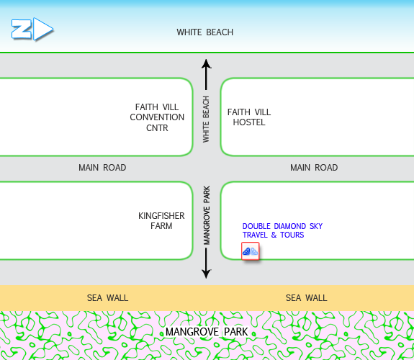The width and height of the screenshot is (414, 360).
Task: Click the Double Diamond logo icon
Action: [x=251, y=251]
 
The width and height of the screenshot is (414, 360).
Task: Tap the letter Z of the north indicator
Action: [x=21, y=29]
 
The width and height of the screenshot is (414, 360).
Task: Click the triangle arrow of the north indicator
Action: [x=44, y=29]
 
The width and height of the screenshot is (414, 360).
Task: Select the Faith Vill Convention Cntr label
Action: [x=157, y=117]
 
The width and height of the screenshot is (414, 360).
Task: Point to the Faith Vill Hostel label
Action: [x=249, y=117]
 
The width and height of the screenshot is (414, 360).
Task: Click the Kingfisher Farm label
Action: [x=161, y=221]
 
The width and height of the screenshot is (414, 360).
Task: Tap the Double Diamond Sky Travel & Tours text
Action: [x=282, y=230]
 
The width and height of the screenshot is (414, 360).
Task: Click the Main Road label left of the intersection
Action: [x=102, y=168]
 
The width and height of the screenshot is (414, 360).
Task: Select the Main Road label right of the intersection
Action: [x=314, y=168]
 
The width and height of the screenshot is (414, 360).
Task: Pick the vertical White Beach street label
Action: [x=206, y=120]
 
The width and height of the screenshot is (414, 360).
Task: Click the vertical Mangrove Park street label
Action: [x=207, y=215]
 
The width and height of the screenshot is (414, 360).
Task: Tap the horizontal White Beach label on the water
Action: [x=205, y=32]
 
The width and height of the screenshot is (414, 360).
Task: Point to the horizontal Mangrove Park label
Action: [x=207, y=332]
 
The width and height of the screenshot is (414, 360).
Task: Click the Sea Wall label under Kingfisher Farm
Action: [x=107, y=298]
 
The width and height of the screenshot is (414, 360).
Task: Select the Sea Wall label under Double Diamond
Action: [x=306, y=298]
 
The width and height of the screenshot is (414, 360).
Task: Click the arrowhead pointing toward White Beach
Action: [x=206, y=64]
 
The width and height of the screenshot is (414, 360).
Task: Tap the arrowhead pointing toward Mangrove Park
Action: [x=206, y=274]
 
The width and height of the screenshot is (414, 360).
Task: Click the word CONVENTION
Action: [x=157, y=117]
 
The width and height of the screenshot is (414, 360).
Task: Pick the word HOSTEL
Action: [x=249, y=122]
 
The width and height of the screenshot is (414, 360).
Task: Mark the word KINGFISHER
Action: [x=161, y=216]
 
